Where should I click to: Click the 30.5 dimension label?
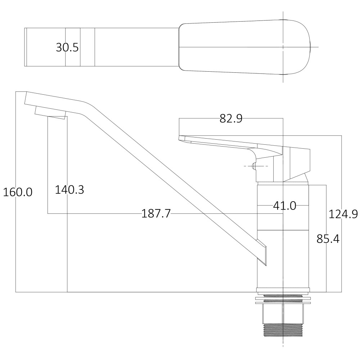click(67, 47)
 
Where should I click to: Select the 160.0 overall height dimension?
click(18, 192)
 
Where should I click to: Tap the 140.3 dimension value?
click(69, 190)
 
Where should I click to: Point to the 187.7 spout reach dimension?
click(156, 214)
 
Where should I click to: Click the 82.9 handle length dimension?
click(231, 118)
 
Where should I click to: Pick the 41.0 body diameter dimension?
click(284, 206)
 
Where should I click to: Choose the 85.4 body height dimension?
click(328, 238)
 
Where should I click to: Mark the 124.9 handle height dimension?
click(343, 214)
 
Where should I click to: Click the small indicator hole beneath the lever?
click(254, 166)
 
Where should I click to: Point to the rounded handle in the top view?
click(245, 47)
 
